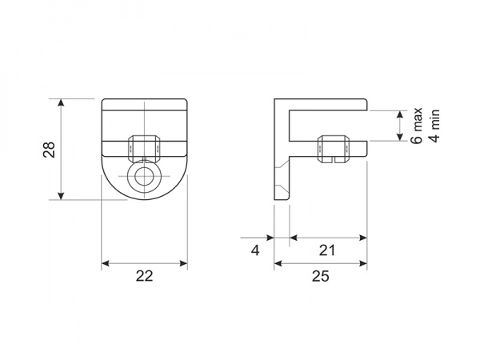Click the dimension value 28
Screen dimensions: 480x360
pyautogui.click(x=50, y=150)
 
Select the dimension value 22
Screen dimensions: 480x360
pyautogui.click(x=145, y=276)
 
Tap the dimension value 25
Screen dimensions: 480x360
pyautogui.click(x=321, y=276)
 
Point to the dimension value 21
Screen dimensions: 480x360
pyautogui.click(x=327, y=250)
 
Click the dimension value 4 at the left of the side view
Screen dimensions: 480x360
pyautogui.click(x=255, y=250)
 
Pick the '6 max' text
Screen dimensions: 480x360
pyautogui.click(x=417, y=126)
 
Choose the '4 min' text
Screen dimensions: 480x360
pyautogui.click(x=435, y=126)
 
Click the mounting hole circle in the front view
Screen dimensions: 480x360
pyautogui.click(x=144, y=176)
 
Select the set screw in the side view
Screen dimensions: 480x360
pyautogui.click(x=334, y=149)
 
